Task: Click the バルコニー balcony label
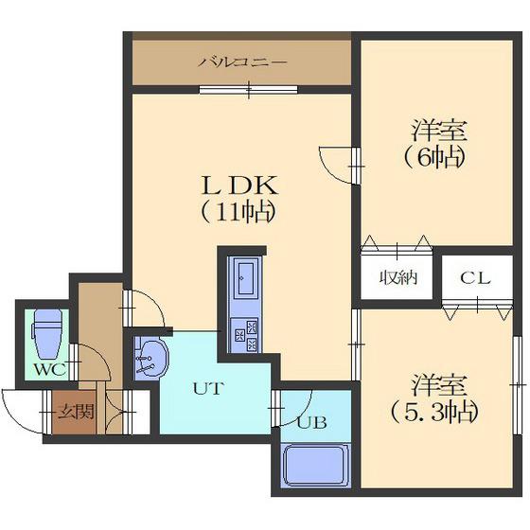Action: tap(242, 62)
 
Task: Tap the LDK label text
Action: tap(239, 185)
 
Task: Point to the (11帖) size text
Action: tap(238, 212)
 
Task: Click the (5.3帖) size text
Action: tap(435, 412)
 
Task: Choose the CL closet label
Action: tap(474, 278)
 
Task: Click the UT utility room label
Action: tap(208, 388)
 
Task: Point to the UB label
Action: tap(311, 422)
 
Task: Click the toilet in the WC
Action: tap(47, 333)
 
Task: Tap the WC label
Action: tap(50, 370)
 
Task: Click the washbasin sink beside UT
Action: tap(151, 359)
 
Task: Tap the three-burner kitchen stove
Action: tap(245, 335)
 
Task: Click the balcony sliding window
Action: tap(248, 89)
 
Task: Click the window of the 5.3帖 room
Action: tap(517, 385)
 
